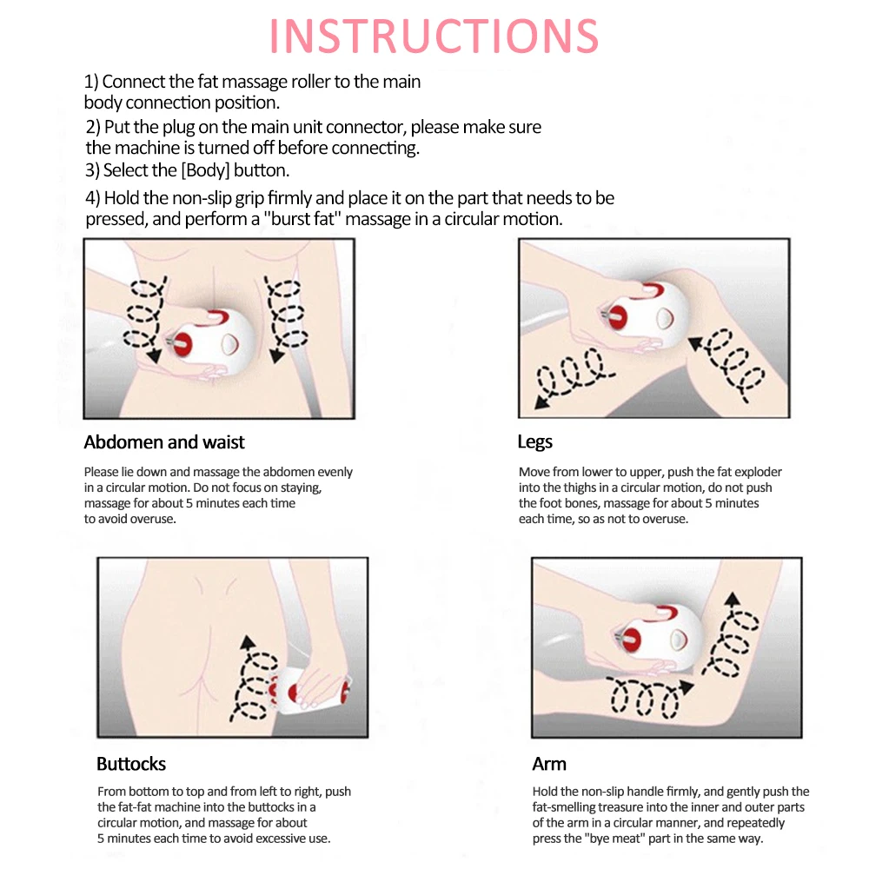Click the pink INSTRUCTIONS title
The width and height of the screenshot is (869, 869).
pos(434,36)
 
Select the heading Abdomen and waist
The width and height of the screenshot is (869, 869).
pos(164,442)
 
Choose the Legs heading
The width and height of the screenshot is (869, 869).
pos(534,442)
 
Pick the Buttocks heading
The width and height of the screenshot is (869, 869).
pos(131,764)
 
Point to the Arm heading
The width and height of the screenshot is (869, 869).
pos(549,764)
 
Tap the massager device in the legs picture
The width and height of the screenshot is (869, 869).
pos(646,313)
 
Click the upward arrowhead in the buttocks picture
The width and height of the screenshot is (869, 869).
pos(248,642)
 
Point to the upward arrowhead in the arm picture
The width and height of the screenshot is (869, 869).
pos(733,599)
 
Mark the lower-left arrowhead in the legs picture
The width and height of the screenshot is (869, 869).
pos(542,401)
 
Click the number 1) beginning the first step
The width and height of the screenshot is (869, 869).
pos(91,82)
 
